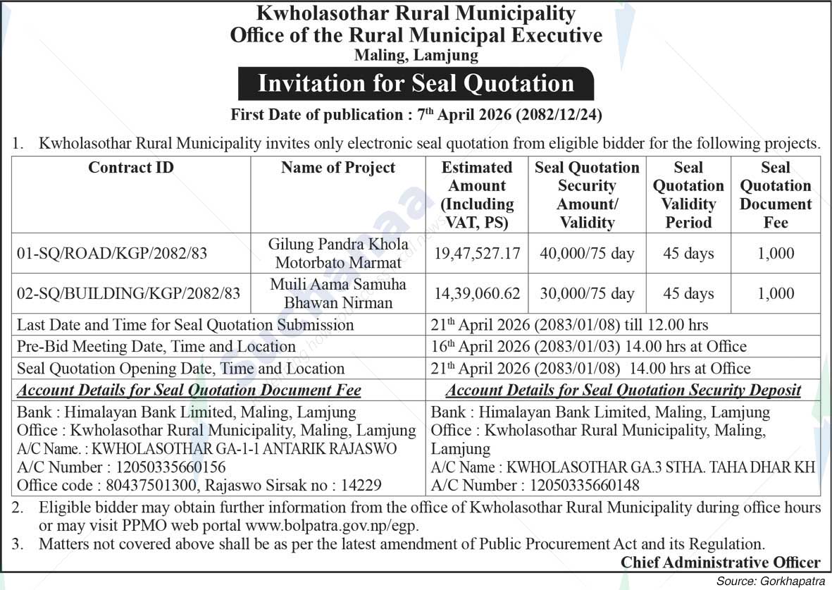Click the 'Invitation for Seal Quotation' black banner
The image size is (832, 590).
pyautogui.click(x=416, y=83)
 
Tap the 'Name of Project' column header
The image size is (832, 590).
pyautogui.click(x=338, y=168)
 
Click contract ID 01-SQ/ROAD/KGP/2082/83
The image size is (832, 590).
pyautogui.click(x=113, y=253)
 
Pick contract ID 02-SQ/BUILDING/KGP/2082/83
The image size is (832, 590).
pyautogui.click(x=129, y=293)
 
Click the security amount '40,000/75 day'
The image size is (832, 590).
pyautogui.click(x=587, y=253)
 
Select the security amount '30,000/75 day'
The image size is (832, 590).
pyautogui.click(x=587, y=293)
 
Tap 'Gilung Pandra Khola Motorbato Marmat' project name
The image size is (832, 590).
pyautogui.click(x=338, y=254)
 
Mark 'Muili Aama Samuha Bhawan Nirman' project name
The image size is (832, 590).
pyautogui.click(x=338, y=294)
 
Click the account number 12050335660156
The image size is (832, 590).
pyautogui.click(x=166, y=467)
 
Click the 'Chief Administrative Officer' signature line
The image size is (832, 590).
pyautogui.click(x=721, y=563)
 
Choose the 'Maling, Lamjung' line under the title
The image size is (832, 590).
pyautogui.click(x=416, y=54)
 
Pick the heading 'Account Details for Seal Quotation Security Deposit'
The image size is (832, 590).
pyautogui.click(x=623, y=391)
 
